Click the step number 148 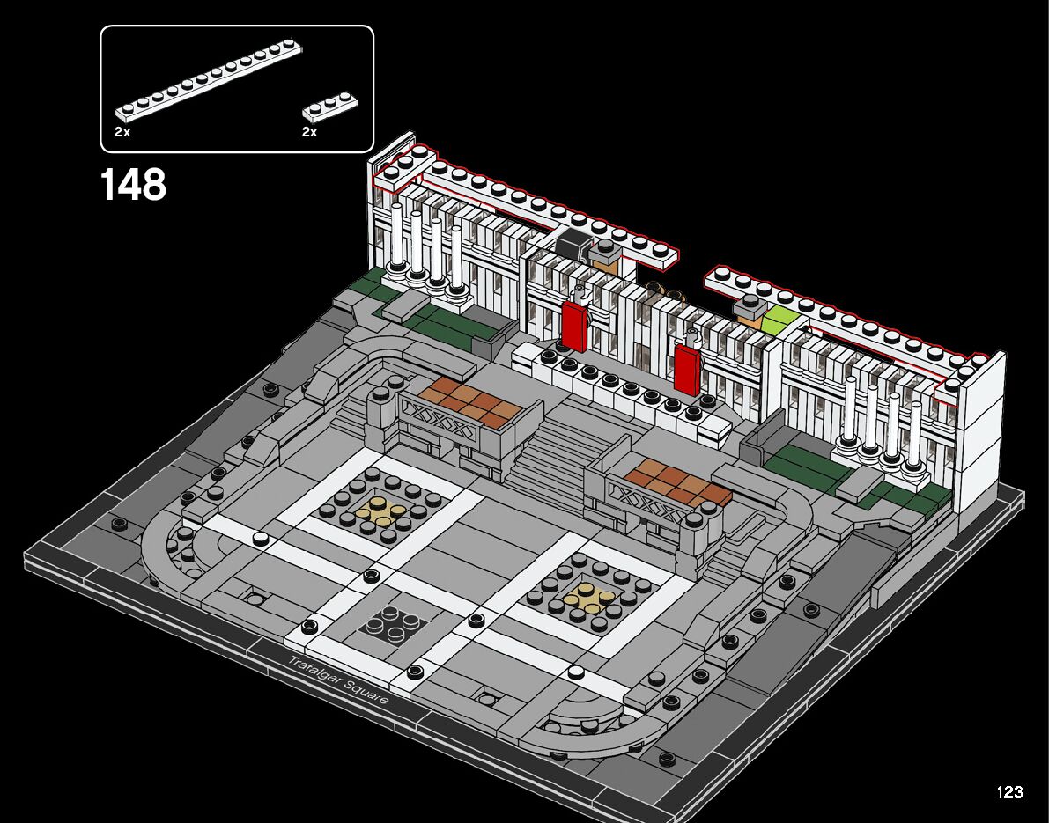133,185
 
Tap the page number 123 1009,792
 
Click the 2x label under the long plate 122,132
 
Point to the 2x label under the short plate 309,132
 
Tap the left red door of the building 573,325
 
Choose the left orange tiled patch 467,403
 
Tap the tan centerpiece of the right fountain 587,597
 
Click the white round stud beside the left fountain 260,539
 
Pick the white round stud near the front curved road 576,673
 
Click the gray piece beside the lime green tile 751,306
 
